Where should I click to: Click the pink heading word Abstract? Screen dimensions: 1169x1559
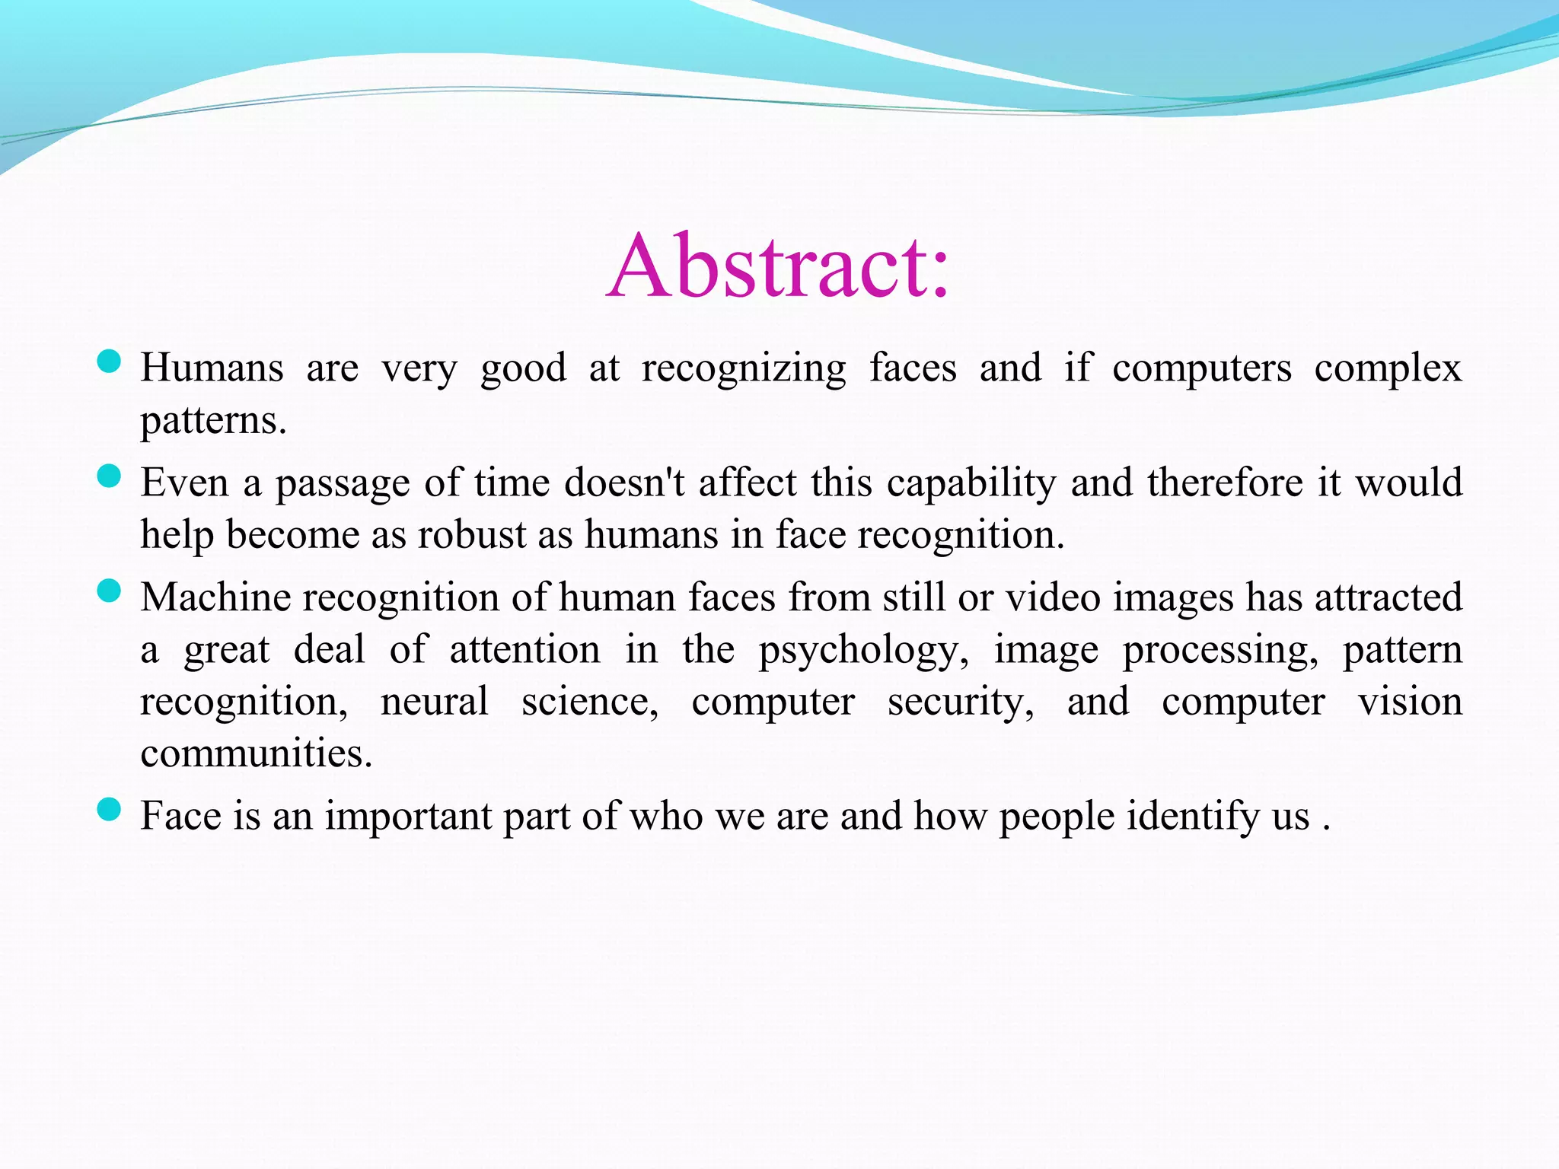[778, 266]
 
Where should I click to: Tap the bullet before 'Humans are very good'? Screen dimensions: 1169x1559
[110, 361]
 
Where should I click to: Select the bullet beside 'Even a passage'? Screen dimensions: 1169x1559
[110, 476]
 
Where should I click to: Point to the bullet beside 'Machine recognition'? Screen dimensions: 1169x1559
[110, 591]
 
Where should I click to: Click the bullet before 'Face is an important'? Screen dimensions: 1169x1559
[110, 809]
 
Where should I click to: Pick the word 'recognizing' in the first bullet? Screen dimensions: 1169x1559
[744, 369]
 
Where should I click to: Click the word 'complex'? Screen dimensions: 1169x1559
[1388, 369]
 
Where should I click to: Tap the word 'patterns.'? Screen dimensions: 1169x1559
[214, 421]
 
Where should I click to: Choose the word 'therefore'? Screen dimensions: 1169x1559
[1226, 483]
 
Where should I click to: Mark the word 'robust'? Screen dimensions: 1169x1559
[472, 534]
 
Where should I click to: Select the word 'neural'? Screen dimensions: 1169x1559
[434, 701]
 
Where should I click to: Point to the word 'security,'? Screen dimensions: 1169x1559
[961, 702]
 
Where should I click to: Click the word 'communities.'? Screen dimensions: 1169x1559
[257, 753]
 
